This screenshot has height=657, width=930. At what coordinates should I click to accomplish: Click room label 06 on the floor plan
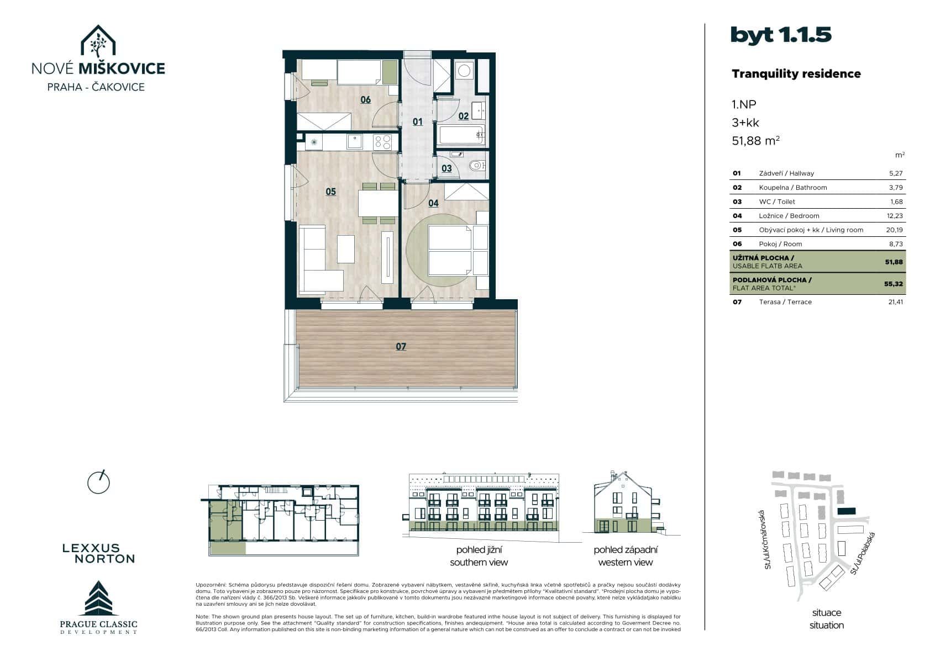pyautogui.click(x=365, y=100)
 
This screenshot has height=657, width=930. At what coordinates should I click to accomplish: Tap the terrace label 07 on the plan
pyautogui.click(x=401, y=347)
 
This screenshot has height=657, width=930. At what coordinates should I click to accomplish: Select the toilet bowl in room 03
pyautogui.click(x=477, y=165)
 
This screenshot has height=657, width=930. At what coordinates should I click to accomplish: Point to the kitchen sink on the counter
pyautogui.click(x=355, y=142)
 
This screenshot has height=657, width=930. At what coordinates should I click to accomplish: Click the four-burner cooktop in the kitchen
pyautogui.click(x=382, y=142)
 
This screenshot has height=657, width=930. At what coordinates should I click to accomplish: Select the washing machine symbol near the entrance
pyautogui.click(x=464, y=71)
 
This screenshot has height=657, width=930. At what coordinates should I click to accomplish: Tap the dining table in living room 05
pyautogui.click(x=377, y=203)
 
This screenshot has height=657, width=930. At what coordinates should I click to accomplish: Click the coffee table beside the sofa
pyautogui.click(x=346, y=249)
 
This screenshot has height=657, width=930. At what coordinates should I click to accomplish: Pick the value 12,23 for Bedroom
pyautogui.click(x=895, y=216)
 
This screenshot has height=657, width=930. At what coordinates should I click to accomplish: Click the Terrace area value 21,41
pyautogui.click(x=895, y=302)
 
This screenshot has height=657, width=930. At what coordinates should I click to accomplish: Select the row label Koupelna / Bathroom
pyautogui.click(x=792, y=188)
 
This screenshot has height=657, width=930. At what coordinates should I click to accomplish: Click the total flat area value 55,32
pyautogui.click(x=894, y=284)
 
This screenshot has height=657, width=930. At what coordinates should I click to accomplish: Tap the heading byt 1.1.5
pyautogui.click(x=780, y=35)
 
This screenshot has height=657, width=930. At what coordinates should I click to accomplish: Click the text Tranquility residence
pyautogui.click(x=796, y=74)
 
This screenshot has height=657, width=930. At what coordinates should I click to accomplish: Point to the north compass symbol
pyautogui.click(x=98, y=483)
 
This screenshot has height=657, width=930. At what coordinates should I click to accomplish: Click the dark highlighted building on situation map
pyautogui.click(x=845, y=512)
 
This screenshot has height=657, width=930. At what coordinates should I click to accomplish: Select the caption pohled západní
pyautogui.click(x=626, y=550)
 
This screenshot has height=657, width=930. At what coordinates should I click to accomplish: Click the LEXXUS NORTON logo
pyautogui.click(x=98, y=553)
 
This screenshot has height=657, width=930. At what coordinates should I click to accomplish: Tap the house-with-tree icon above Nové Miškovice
pyautogui.click(x=98, y=41)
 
